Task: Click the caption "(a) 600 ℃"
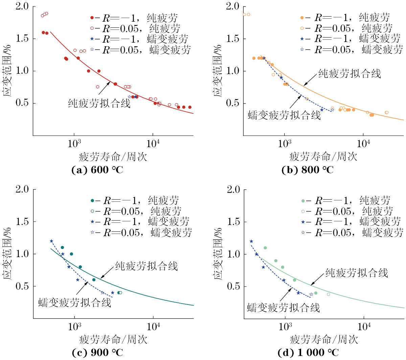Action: (97, 170)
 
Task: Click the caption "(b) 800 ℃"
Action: (307, 170)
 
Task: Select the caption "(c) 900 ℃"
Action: (97, 353)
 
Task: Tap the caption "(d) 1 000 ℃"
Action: (308, 353)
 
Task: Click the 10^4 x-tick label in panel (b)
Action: (363, 143)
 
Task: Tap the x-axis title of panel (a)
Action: (113, 157)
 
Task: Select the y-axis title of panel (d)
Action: (218, 254)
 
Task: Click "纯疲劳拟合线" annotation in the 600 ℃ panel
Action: (99, 103)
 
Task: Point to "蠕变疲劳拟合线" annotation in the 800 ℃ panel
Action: (284, 115)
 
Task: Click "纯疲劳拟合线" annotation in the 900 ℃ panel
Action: (146, 266)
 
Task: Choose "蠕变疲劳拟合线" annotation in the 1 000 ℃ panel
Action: (284, 308)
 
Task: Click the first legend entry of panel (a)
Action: (134, 18)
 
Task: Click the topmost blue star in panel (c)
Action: (51, 241)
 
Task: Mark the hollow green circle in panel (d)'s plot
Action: (328, 294)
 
